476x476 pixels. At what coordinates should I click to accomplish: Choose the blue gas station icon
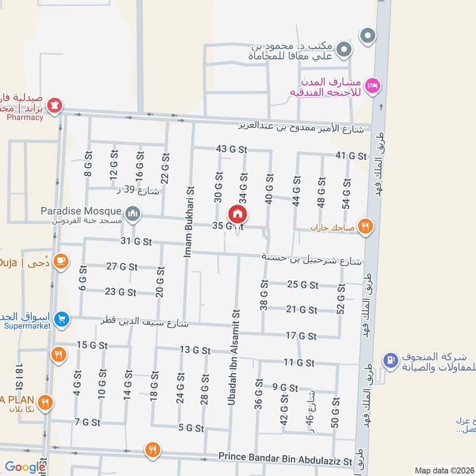(390, 359)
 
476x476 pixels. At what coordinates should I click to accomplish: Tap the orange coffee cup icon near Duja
(60, 261)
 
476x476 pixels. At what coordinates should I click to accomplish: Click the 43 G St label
(231, 149)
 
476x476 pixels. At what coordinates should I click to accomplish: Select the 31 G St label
(136, 241)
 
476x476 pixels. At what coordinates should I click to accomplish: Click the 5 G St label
(191, 428)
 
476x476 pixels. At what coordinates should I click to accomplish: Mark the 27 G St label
(121, 267)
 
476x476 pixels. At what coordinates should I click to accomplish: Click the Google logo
(25, 467)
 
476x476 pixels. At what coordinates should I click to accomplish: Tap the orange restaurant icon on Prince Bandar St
(153, 449)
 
